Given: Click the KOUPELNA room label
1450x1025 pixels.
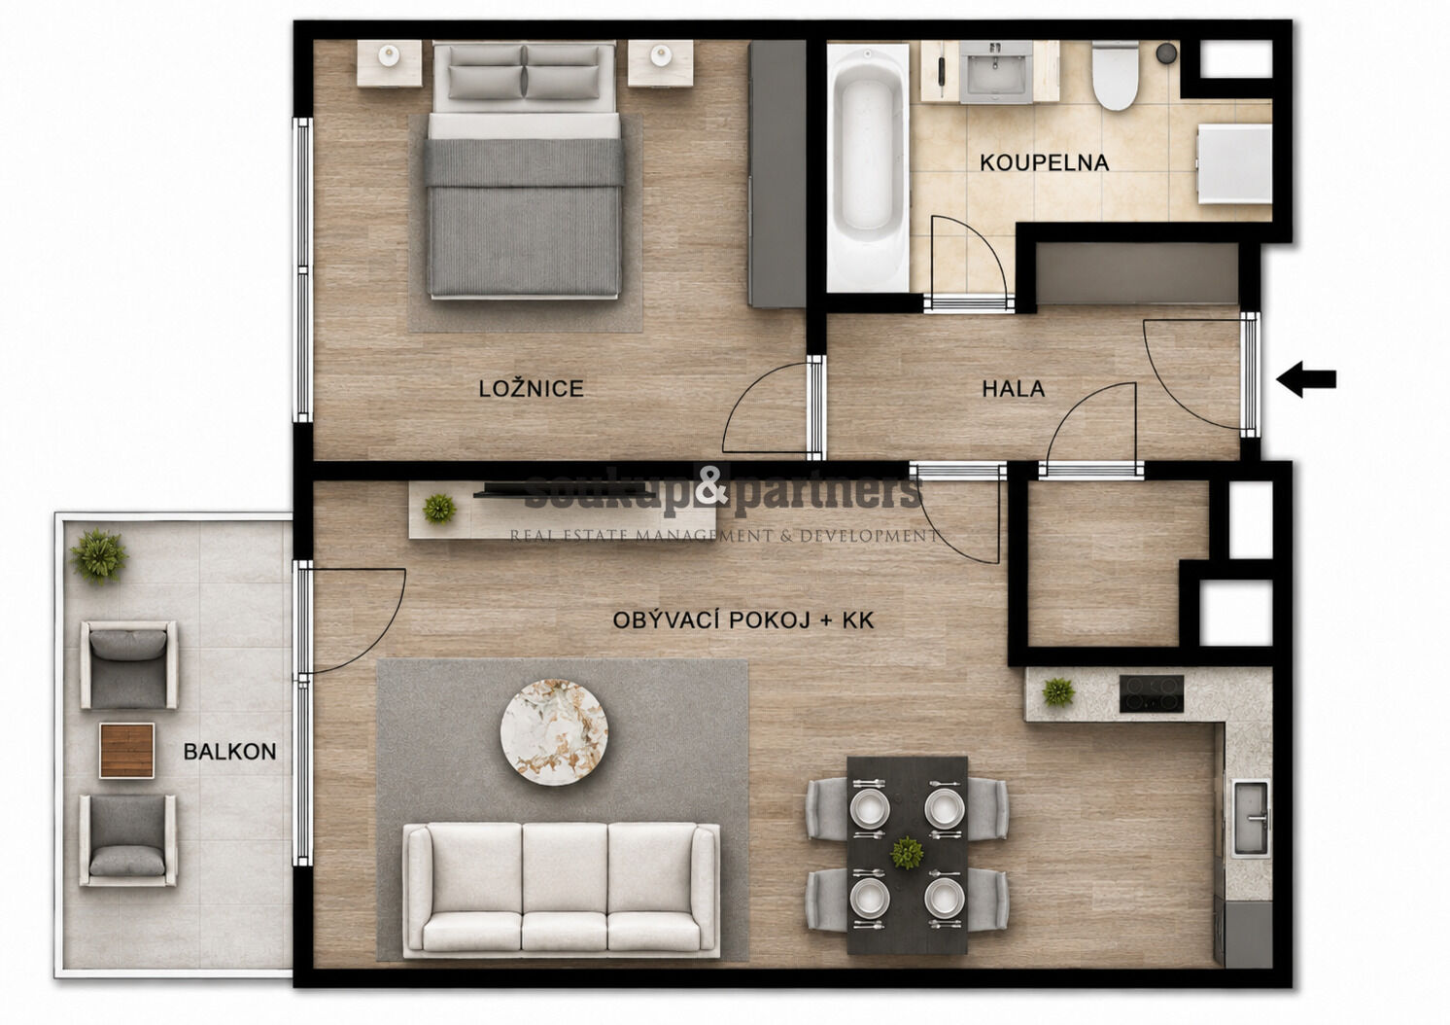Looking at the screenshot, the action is pyautogui.click(x=1044, y=162).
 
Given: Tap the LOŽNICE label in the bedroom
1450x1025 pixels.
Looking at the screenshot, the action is pyautogui.click(x=532, y=389).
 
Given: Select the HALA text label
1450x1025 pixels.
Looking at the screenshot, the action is pyautogui.click(x=1013, y=389).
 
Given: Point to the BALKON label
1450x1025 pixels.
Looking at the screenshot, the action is pyautogui.click(x=229, y=752).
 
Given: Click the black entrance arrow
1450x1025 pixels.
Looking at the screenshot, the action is pyautogui.click(x=1306, y=379).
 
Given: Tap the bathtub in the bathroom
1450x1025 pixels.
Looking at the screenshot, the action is pyautogui.click(x=868, y=167).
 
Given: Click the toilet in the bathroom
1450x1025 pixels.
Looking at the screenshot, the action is pyautogui.click(x=1115, y=75).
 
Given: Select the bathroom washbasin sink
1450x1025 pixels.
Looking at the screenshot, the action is pyautogui.click(x=995, y=72).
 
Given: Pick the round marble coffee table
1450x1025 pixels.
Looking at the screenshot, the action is pyautogui.click(x=554, y=732).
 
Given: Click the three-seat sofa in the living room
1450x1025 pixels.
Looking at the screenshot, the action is pyautogui.click(x=561, y=890).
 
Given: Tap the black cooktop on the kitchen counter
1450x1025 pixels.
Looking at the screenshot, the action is pyautogui.click(x=1152, y=694).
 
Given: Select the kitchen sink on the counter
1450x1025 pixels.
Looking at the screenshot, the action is pyautogui.click(x=1251, y=818).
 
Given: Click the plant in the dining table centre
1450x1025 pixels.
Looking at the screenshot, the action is pyautogui.click(x=907, y=853).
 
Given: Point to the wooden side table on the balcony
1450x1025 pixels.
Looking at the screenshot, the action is pyautogui.click(x=127, y=751).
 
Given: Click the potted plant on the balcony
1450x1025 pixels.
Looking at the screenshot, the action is pyautogui.click(x=98, y=556).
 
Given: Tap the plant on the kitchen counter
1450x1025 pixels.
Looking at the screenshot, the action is pyautogui.click(x=1058, y=692).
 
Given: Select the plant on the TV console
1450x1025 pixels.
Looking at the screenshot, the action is pyautogui.click(x=439, y=509).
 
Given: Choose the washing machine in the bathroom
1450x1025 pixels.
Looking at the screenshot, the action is pyautogui.click(x=1234, y=164).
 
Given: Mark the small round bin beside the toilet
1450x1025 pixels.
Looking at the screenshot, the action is pyautogui.click(x=1166, y=53).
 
